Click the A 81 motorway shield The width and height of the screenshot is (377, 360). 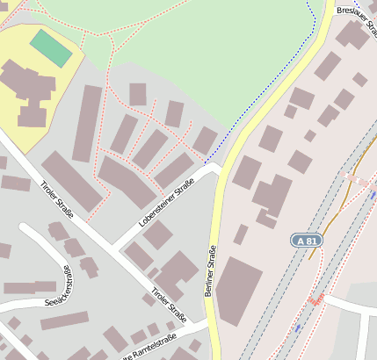point(305,239)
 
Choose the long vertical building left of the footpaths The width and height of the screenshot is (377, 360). point(87,123)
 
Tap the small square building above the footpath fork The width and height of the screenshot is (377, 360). point(138,94)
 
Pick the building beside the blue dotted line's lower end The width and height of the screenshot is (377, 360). point(205,140)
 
